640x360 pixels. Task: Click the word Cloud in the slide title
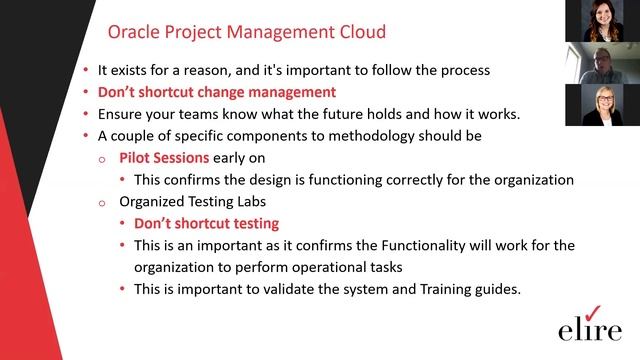coord(357,33)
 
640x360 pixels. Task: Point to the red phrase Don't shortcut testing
coord(206,224)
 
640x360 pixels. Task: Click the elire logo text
coord(588,329)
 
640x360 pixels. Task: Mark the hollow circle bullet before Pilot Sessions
coord(102,159)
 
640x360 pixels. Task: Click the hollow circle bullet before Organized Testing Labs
coord(102,203)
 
